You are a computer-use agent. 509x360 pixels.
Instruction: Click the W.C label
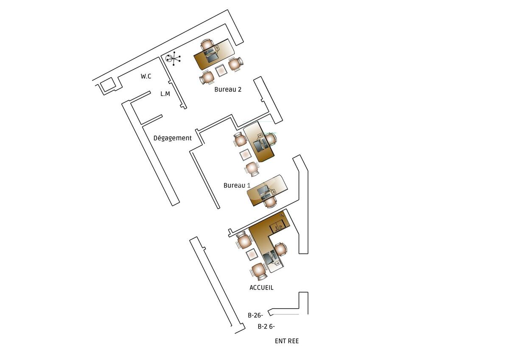click(x=146, y=76)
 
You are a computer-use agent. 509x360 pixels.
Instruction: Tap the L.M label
click(x=165, y=94)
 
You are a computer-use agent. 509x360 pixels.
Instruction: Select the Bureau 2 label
click(x=228, y=90)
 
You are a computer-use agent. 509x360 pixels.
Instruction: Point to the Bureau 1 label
click(x=237, y=186)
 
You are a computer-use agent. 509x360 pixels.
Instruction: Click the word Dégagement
click(x=173, y=138)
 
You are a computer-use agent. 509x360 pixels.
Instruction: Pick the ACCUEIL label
click(x=261, y=288)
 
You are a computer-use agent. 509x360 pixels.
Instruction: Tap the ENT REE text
click(x=287, y=341)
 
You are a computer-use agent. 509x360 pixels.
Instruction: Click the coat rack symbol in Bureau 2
click(x=173, y=59)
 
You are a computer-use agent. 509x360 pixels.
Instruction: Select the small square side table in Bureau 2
click(x=221, y=70)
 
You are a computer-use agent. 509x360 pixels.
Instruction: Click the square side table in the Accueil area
click(x=252, y=254)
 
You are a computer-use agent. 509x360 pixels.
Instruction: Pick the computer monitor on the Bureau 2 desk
click(x=212, y=59)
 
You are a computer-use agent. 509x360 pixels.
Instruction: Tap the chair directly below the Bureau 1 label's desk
click(x=271, y=202)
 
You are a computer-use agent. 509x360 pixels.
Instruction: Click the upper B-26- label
click(x=255, y=315)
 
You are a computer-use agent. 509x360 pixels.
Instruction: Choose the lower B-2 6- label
click(x=266, y=326)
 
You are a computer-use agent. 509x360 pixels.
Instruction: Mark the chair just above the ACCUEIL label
click(x=259, y=271)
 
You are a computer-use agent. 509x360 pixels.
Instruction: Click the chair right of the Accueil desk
click(x=281, y=249)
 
